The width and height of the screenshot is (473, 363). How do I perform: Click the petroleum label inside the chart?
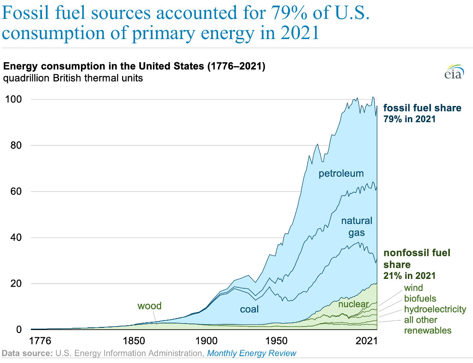click(341, 173)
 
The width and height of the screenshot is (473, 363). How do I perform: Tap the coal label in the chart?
click(249, 309)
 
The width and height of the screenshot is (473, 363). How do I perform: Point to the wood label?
click(149, 306)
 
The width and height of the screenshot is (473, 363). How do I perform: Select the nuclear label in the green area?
click(353, 305)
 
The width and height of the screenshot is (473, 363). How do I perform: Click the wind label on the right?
click(413, 288)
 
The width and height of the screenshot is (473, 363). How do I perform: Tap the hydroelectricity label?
click(435, 309)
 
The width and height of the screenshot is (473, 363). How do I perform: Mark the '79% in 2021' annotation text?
click(409, 119)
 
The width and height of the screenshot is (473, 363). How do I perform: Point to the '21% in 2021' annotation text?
click(409, 275)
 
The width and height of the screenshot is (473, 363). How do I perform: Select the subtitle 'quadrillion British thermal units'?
click(73, 79)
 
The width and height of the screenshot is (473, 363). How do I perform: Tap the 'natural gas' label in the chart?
click(356, 227)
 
